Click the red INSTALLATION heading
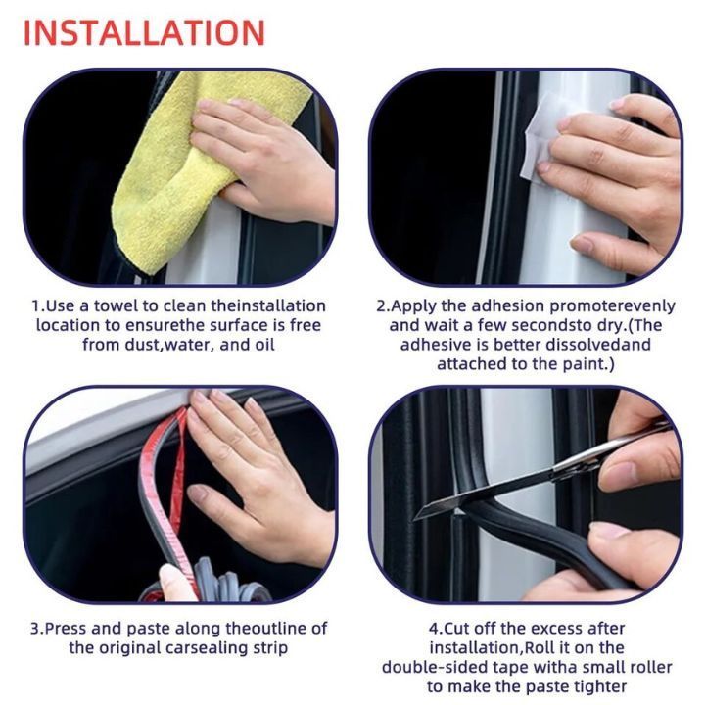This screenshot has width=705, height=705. pyautogui.click(x=144, y=33)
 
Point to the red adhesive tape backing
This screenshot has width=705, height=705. pyautogui.click(x=164, y=491)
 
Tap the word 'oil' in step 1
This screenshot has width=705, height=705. pyautogui.click(x=264, y=345)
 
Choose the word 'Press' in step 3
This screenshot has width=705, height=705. pyautogui.click(x=66, y=628)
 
